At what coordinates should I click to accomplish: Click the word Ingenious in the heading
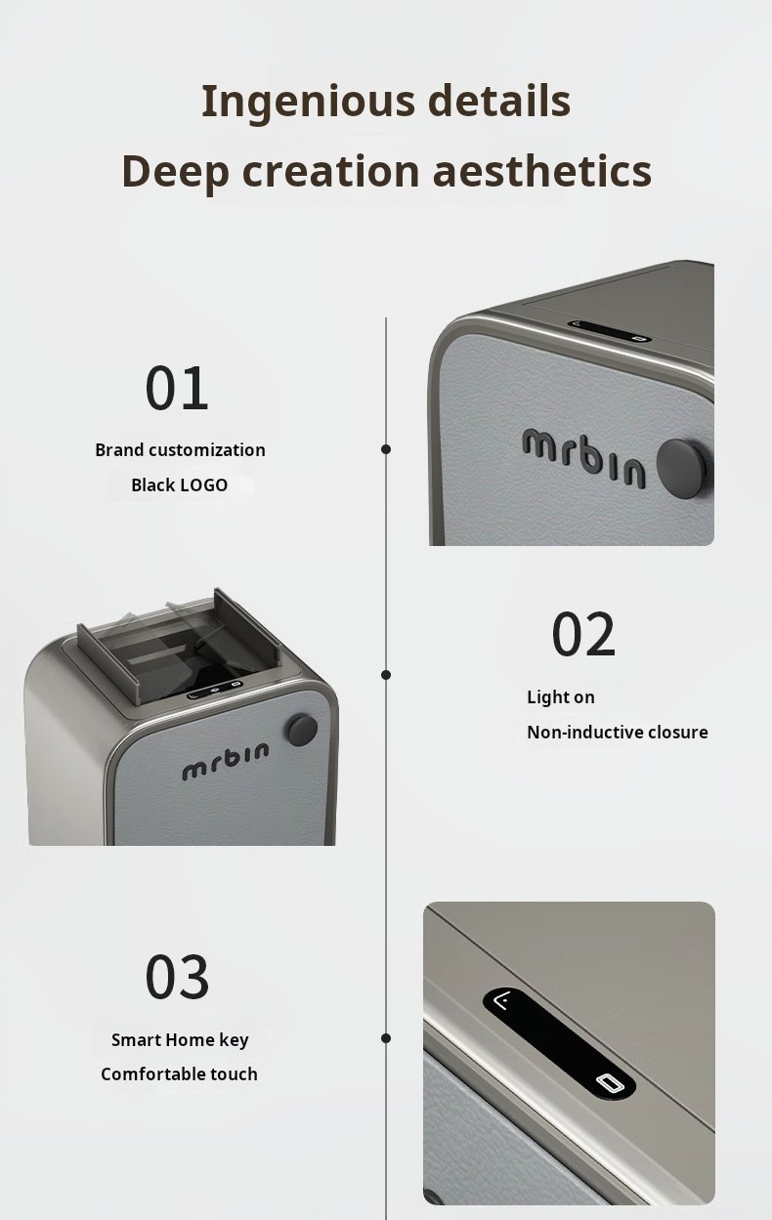pyautogui.click(x=309, y=103)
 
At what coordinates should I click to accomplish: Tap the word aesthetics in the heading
pyautogui.click(x=542, y=171)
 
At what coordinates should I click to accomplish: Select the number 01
pyautogui.click(x=177, y=388)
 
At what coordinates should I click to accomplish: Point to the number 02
pyautogui.click(x=583, y=634)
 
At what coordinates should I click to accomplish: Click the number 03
pyautogui.click(x=177, y=977)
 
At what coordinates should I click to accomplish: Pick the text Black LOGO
pyautogui.click(x=179, y=484)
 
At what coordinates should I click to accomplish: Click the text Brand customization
pyautogui.click(x=181, y=450)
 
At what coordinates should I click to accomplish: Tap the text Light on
pyautogui.click(x=561, y=697)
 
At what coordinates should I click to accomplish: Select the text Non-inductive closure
pyautogui.click(x=618, y=732)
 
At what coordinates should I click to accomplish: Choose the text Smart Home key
pyautogui.click(x=181, y=1040)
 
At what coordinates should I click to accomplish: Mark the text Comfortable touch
pyautogui.click(x=179, y=1074)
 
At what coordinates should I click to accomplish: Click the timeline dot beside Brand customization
pyautogui.click(x=386, y=449)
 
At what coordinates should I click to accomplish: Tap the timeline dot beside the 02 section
pyautogui.click(x=386, y=675)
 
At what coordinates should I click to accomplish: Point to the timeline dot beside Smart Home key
pyautogui.click(x=386, y=1038)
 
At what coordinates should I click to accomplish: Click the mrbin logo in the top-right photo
pyautogui.click(x=584, y=457)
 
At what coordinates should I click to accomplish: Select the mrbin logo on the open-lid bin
pyautogui.click(x=225, y=761)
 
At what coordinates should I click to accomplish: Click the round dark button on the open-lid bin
pyautogui.click(x=302, y=731)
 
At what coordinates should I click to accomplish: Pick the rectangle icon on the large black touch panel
pyautogui.click(x=610, y=1082)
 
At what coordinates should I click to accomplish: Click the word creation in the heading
pyautogui.click(x=330, y=171)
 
